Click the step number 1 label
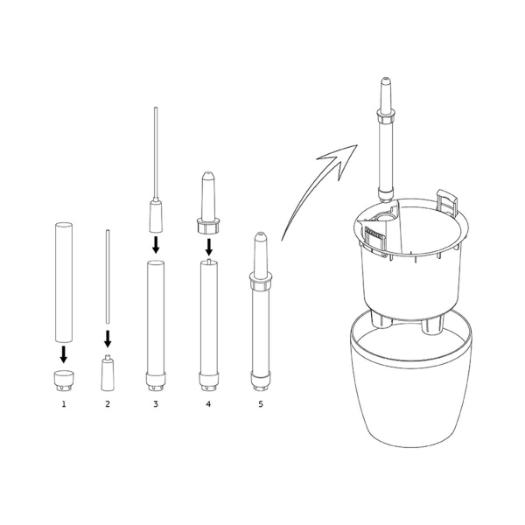[64, 404]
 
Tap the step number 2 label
[108, 404]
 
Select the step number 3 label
[156, 404]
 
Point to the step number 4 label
[208, 404]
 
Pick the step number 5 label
[261, 404]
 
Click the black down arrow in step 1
[64, 354]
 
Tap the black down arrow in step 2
[108, 339]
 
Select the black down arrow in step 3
[156, 245]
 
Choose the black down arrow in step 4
[209, 247]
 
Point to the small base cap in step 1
[64, 381]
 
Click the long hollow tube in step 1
[64, 283]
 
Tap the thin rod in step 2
[108, 276]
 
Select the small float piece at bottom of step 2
[108, 373]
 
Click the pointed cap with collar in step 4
[208, 203]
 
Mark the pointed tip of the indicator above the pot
[385, 78]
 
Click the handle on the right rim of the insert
[446, 202]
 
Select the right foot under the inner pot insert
[432, 325]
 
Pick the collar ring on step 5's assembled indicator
[261, 281]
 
